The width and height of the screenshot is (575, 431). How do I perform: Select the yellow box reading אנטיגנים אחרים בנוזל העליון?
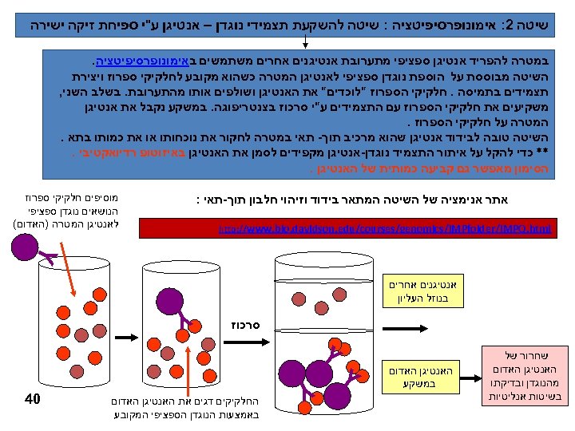(414, 291)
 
